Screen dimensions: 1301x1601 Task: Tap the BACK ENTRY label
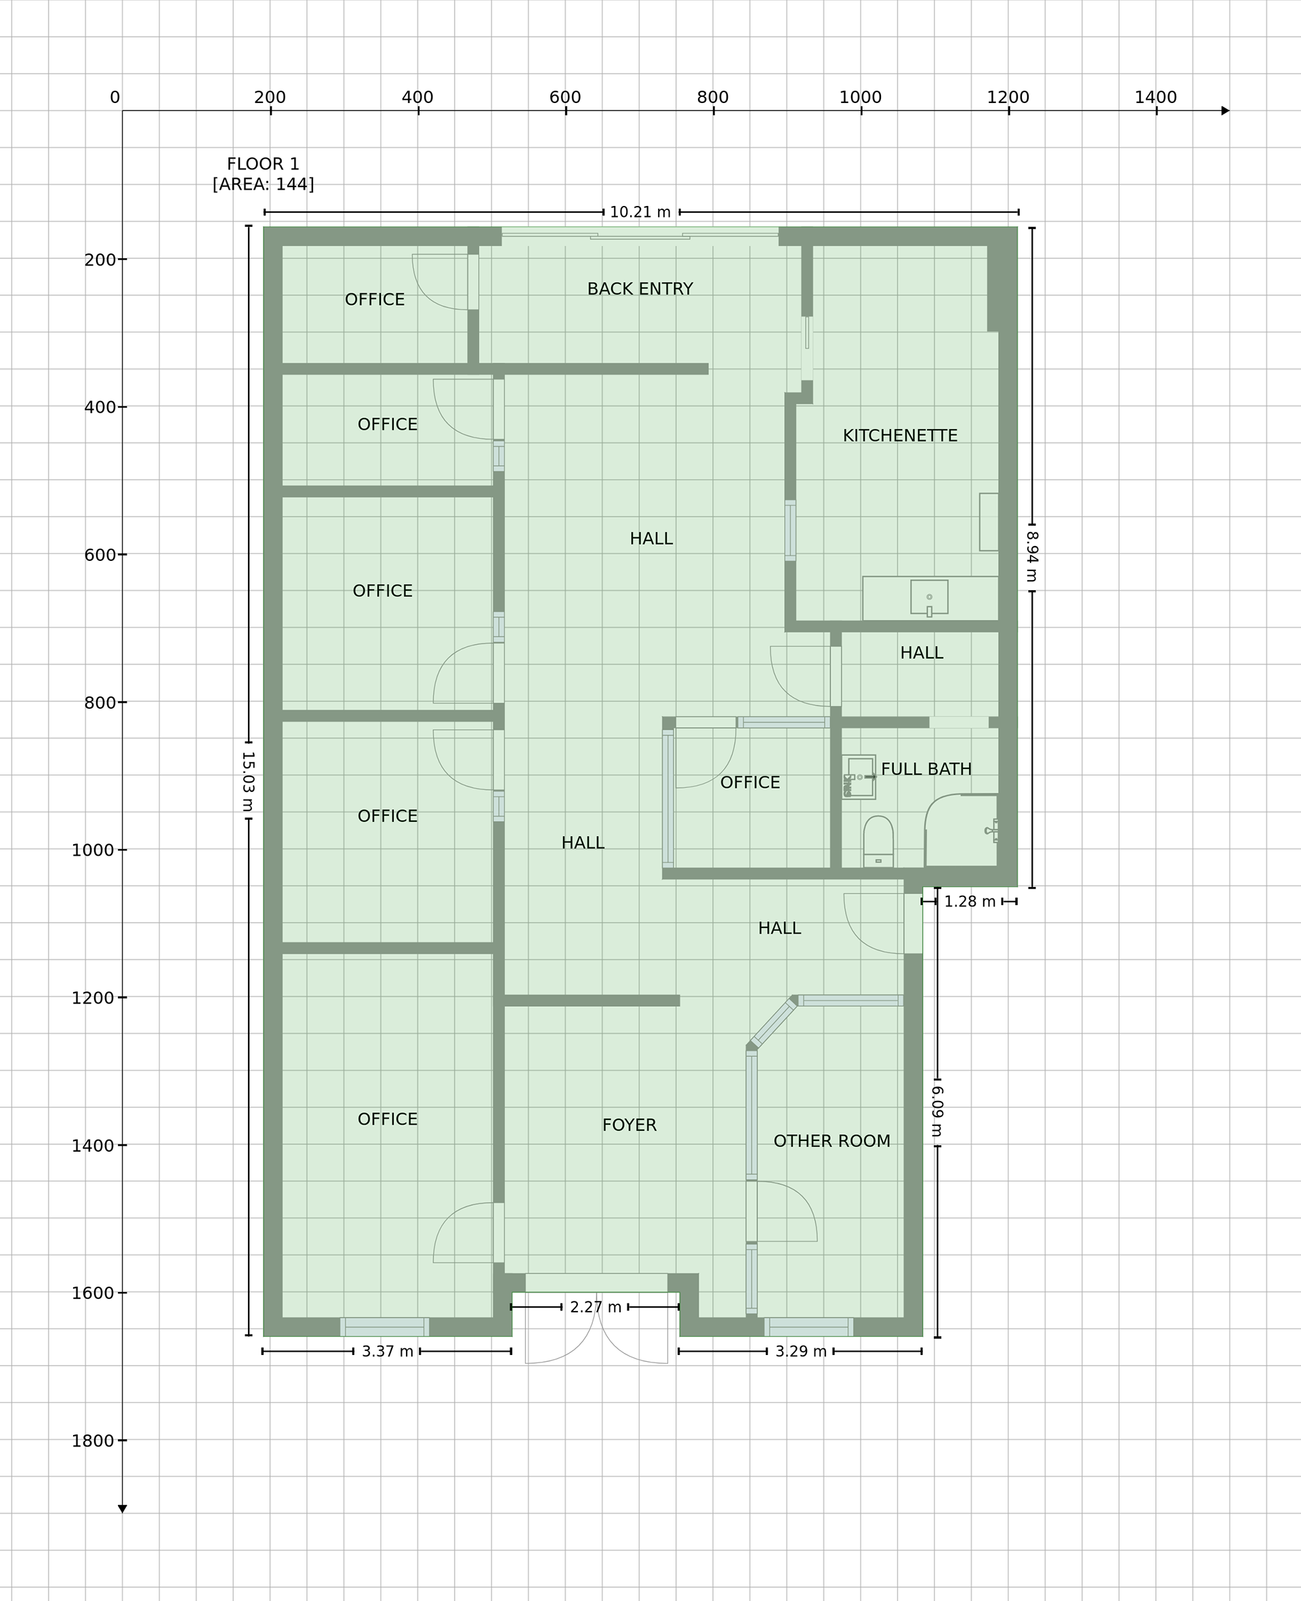[640, 289]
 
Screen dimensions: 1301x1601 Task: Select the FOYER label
[629, 1125]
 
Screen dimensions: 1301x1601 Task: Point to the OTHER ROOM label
[832, 1141]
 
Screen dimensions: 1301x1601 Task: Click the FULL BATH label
[926, 769]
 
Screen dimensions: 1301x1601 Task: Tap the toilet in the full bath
[878, 841]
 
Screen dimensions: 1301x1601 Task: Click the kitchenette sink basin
[929, 597]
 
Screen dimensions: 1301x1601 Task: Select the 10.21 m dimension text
[641, 212]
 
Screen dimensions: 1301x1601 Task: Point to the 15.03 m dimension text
[248, 782]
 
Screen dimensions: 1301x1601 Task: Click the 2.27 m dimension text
[596, 1308]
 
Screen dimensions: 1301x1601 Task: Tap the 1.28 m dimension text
[970, 901]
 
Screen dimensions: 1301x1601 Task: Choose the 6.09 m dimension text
[936, 1111]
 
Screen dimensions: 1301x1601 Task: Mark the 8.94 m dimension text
[1031, 557]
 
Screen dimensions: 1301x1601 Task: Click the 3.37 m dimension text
[388, 1352]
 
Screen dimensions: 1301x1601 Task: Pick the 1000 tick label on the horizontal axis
[861, 97]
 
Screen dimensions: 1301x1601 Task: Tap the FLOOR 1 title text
[263, 163]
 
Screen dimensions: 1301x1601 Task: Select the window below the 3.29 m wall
[808, 1327]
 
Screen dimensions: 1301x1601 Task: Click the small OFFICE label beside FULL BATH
[750, 782]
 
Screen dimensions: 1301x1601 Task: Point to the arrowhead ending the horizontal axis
[1225, 111]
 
